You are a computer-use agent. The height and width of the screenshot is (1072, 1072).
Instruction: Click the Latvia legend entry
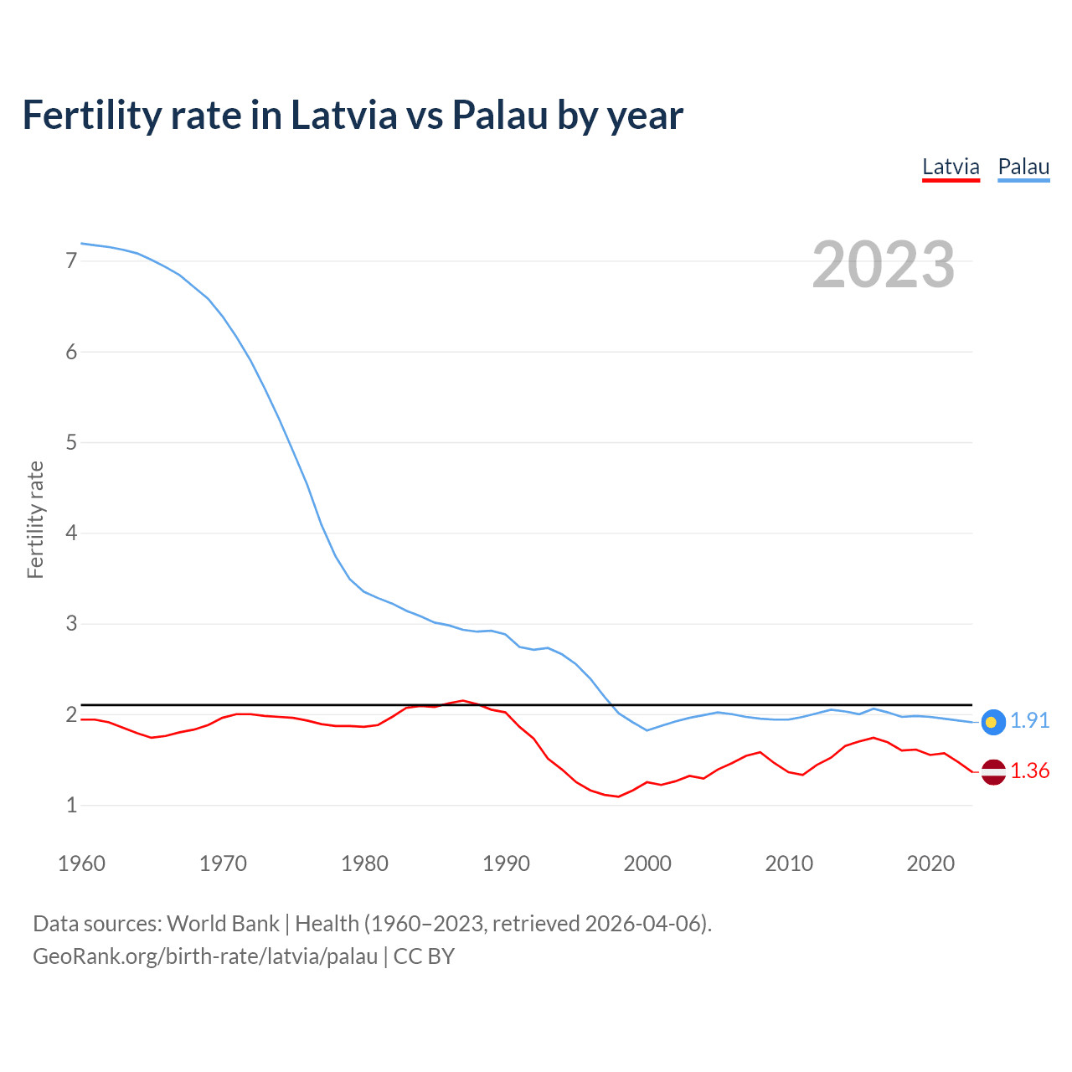(951, 167)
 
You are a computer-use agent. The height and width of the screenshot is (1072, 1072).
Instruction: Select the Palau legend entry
(1023, 167)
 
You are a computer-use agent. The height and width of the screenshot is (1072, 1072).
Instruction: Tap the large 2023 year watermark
(884, 265)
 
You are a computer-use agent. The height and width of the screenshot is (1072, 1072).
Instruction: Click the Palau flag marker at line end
(992, 721)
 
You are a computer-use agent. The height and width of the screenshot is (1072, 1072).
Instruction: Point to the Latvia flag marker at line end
(992, 771)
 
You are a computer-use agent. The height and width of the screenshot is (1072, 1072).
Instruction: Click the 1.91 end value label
(1029, 721)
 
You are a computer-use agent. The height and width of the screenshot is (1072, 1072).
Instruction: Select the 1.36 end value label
(1029, 771)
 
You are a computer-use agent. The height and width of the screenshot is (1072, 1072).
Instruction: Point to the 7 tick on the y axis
(71, 261)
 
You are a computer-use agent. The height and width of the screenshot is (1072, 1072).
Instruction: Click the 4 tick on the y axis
(71, 533)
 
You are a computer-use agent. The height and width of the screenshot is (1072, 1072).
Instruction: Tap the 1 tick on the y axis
(71, 806)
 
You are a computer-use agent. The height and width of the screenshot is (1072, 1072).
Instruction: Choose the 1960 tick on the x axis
(81, 863)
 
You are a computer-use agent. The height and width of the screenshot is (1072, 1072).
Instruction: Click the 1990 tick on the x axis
(506, 863)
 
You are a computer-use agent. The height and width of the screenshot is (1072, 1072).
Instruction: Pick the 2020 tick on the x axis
(930, 863)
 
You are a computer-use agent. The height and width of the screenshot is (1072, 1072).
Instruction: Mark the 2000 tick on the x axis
(647, 863)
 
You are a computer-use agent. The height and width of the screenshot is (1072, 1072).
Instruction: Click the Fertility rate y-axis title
(35, 519)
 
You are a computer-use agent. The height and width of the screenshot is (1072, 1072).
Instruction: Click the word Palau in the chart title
(500, 115)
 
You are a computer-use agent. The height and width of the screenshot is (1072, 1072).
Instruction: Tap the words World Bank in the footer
(223, 924)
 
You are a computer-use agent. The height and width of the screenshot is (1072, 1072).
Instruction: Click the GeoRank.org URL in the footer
(205, 956)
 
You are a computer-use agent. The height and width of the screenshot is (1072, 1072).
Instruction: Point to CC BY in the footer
(424, 956)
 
